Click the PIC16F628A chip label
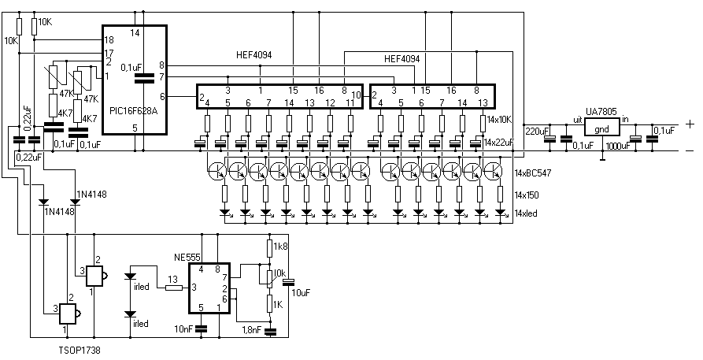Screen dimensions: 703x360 click(134, 110)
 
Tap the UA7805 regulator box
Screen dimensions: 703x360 click(601, 127)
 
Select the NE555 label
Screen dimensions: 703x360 click(187, 258)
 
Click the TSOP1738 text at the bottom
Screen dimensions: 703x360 click(80, 351)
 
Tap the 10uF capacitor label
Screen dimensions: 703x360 click(301, 293)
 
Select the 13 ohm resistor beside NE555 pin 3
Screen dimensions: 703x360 click(174, 288)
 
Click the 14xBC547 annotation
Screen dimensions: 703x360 click(533, 173)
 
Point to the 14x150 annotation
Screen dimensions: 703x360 click(527, 195)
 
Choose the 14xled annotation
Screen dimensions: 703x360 click(525, 213)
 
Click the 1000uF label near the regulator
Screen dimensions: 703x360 click(617, 146)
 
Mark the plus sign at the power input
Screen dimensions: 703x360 click(690, 124)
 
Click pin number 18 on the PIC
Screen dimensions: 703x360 click(108, 39)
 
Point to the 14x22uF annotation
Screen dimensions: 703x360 click(498, 143)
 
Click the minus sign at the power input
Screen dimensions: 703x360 click(690, 150)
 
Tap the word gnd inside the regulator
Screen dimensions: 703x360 click(601, 130)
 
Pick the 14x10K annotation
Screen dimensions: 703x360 click(500, 120)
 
